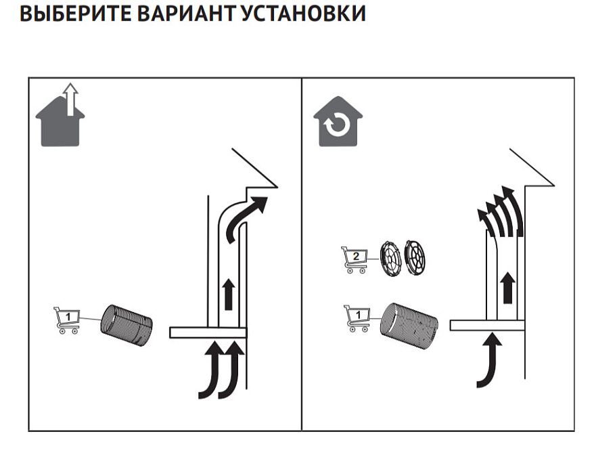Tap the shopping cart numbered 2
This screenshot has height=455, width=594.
click(355, 259)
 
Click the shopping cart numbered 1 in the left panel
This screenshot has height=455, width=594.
click(66, 320)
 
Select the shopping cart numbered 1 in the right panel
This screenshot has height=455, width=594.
click(356, 318)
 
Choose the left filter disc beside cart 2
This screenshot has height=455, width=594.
click(390, 257)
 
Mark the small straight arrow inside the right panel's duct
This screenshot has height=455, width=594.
click(507, 287)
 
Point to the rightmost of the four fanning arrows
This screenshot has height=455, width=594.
click(516, 207)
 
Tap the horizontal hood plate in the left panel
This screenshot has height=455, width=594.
click(208, 332)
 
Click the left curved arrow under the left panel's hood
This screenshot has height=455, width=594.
click(212, 371)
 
